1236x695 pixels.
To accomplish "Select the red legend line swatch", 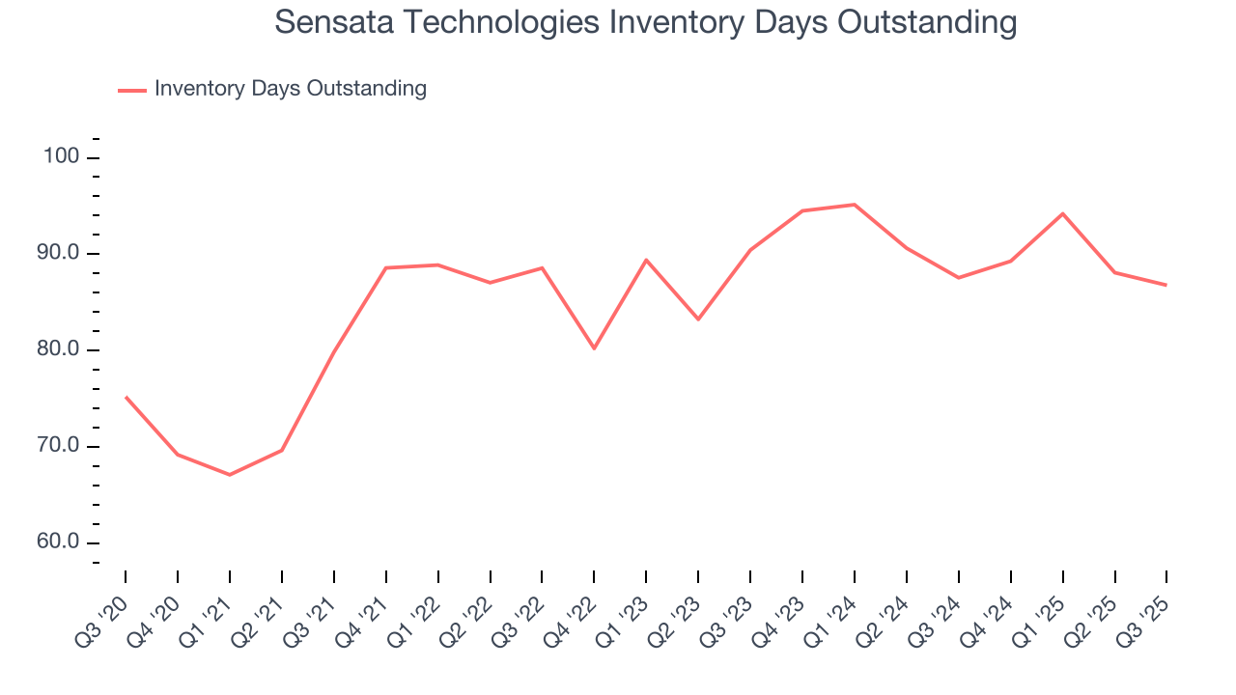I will point(131,90).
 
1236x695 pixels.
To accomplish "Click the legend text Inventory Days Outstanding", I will point(290,89).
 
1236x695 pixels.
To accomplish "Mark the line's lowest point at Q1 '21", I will point(230,475).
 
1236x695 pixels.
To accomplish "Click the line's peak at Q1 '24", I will point(855,205).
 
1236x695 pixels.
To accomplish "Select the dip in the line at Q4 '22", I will point(594,348).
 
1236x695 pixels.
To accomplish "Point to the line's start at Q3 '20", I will point(126,397).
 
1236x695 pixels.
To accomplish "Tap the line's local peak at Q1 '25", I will point(1062,213).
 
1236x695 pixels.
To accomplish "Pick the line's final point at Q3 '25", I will point(1166,285).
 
